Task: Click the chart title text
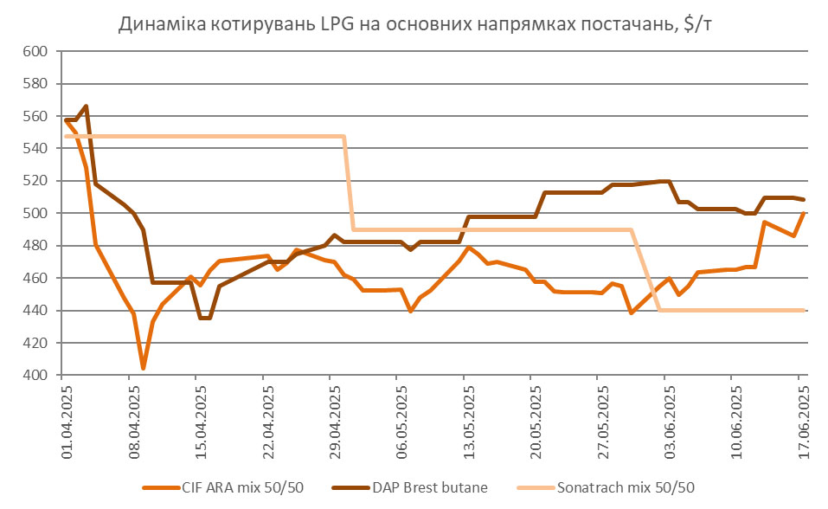414,25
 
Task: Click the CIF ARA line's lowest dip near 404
143,369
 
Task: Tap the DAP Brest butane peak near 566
86,106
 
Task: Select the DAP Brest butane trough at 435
205,318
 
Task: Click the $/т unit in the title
696,25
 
